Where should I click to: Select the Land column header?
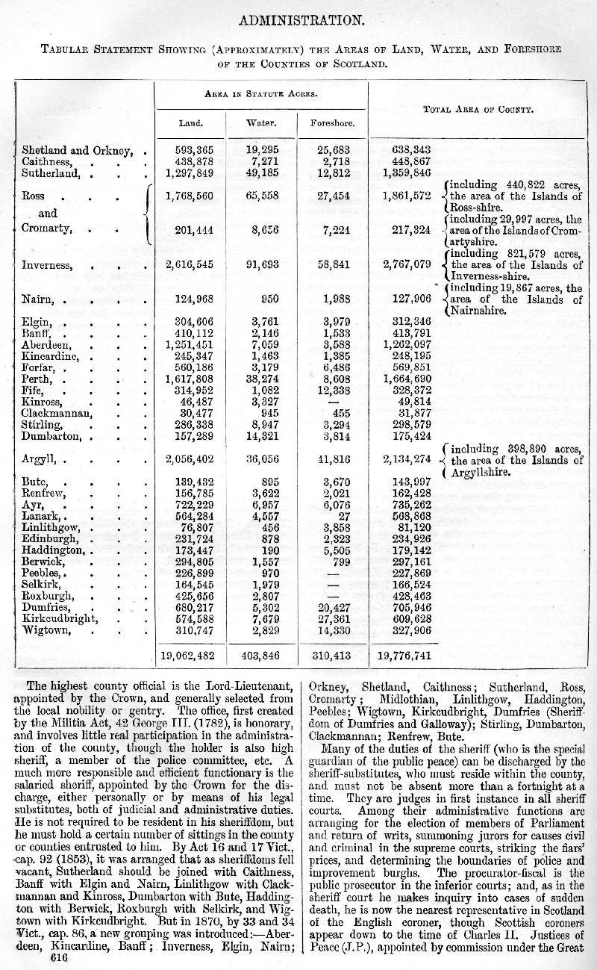point(191,122)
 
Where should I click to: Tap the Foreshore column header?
point(333,122)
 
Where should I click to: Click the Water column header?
point(261,122)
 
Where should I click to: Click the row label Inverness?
point(47,264)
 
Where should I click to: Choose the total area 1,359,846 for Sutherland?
point(407,173)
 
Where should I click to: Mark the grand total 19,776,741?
point(404,656)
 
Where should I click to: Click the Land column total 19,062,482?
point(192,656)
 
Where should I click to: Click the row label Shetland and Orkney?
point(78,150)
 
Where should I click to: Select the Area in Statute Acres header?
point(261,94)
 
